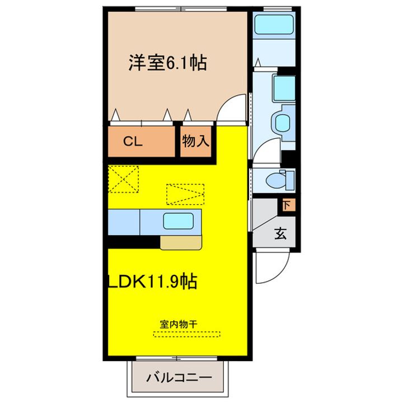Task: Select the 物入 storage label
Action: pos(195,142)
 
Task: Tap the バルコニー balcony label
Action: pos(179,378)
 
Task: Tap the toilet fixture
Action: pos(278,180)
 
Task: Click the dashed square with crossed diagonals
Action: pos(124,179)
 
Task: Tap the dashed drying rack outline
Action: pos(187,334)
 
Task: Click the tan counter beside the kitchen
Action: pos(180,242)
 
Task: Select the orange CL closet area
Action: pos(140,143)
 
